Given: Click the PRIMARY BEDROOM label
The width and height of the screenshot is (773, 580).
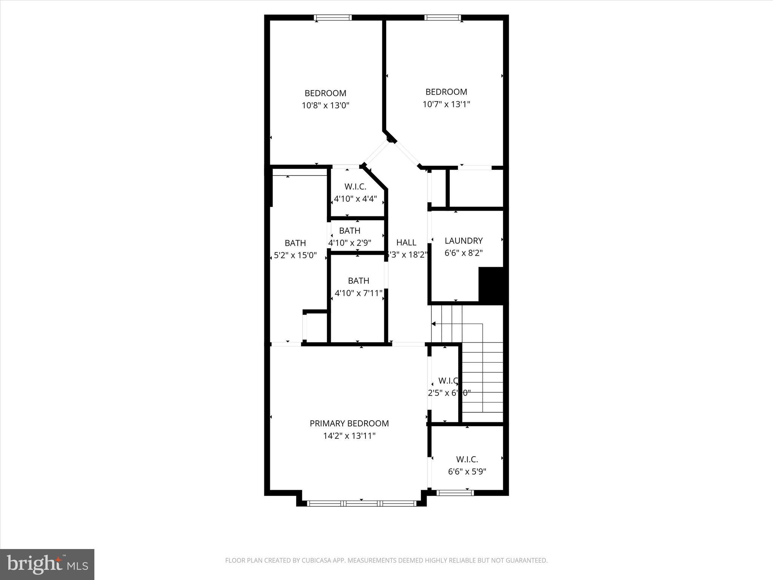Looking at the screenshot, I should click(349, 423).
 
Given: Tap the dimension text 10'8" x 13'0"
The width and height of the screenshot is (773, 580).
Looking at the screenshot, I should click(325, 105).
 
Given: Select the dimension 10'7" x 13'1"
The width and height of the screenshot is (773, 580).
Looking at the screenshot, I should click(446, 104).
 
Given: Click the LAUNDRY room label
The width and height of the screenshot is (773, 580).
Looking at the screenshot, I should click(463, 241).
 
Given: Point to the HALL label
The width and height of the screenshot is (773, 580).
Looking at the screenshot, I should click(406, 242).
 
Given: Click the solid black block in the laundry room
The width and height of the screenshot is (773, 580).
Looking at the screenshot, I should click(491, 285).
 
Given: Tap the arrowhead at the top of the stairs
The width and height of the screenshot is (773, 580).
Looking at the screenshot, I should click(434, 324).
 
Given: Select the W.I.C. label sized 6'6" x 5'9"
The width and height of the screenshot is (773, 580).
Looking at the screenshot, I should click(467, 459).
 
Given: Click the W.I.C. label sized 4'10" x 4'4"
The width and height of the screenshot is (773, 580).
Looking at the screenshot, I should click(355, 187).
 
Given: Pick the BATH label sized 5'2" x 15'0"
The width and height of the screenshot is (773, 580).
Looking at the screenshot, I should click(295, 243).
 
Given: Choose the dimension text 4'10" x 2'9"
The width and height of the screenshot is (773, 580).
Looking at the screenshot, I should click(350, 243).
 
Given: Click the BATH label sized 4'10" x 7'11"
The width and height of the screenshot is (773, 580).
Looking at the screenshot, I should click(358, 281).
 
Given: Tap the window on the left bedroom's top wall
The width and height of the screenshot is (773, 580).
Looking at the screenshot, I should click(333, 17).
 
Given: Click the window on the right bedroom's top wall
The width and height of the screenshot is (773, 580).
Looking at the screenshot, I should click(443, 17).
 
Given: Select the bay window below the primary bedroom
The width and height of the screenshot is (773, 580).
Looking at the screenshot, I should click(362, 503).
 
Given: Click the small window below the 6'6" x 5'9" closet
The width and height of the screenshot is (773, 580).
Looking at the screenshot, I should click(455, 492).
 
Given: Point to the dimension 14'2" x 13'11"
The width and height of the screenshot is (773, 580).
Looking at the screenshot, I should click(349, 436).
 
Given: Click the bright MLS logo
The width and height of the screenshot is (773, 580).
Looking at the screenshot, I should click(47, 564).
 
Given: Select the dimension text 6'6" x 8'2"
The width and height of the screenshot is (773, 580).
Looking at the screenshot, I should click(463, 253).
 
